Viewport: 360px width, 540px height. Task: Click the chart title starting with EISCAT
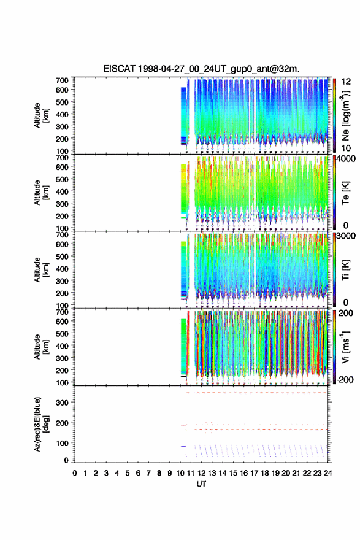[201, 69]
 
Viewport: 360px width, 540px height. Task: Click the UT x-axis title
[201, 484]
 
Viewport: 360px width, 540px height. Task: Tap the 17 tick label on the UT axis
[254, 473]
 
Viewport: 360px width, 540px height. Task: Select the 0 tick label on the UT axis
[75, 473]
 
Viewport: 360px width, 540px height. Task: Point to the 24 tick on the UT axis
[327, 473]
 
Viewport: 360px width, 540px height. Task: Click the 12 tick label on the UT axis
[201, 473]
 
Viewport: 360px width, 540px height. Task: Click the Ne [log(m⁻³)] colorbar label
[345, 116]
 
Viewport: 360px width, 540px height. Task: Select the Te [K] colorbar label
[345, 193]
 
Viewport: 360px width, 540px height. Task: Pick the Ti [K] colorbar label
[345, 271]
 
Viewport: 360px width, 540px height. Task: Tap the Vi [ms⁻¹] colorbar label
[345, 347]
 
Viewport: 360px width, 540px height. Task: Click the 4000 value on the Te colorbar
[346, 159]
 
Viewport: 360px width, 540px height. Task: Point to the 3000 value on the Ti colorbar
[346, 236]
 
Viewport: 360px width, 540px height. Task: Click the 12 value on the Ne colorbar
[346, 82]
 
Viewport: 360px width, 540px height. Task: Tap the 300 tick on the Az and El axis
[63, 403]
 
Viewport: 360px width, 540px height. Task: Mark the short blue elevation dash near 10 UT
[183, 446]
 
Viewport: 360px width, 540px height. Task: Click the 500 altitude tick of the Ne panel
[63, 102]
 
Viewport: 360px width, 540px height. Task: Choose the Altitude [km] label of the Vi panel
[41, 347]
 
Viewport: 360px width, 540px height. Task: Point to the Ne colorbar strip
[334, 115]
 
